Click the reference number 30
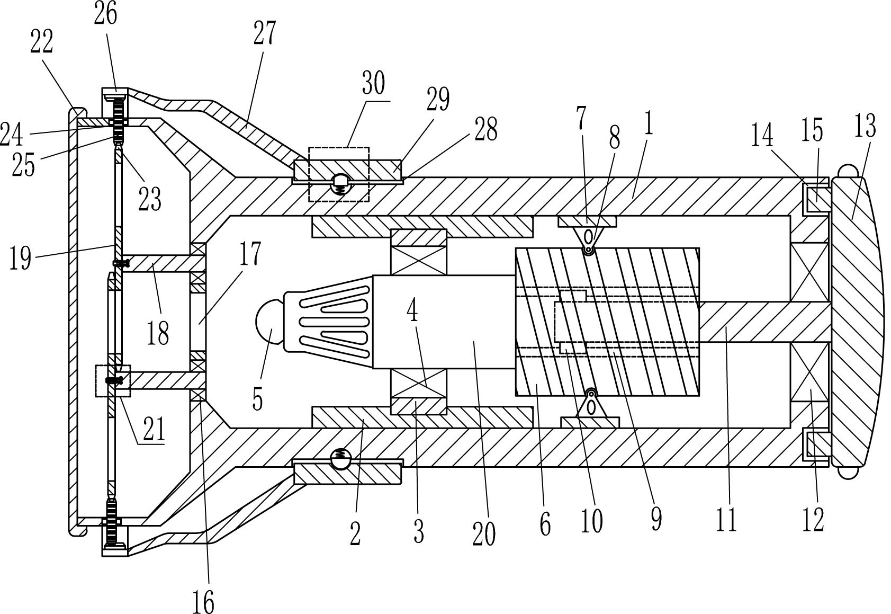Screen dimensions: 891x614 (x=373, y=84)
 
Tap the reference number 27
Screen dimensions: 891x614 (x=264, y=33)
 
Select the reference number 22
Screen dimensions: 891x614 (x=42, y=42)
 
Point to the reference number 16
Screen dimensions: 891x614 (x=203, y=602)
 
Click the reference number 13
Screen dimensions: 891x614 (x=865, y=126)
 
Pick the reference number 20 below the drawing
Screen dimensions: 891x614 (x=484, y=534)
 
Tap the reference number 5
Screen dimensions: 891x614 (x=258, y=399)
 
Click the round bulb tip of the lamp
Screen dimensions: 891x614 (x=269, y=321)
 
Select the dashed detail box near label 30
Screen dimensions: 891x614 (x=339, y=174)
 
